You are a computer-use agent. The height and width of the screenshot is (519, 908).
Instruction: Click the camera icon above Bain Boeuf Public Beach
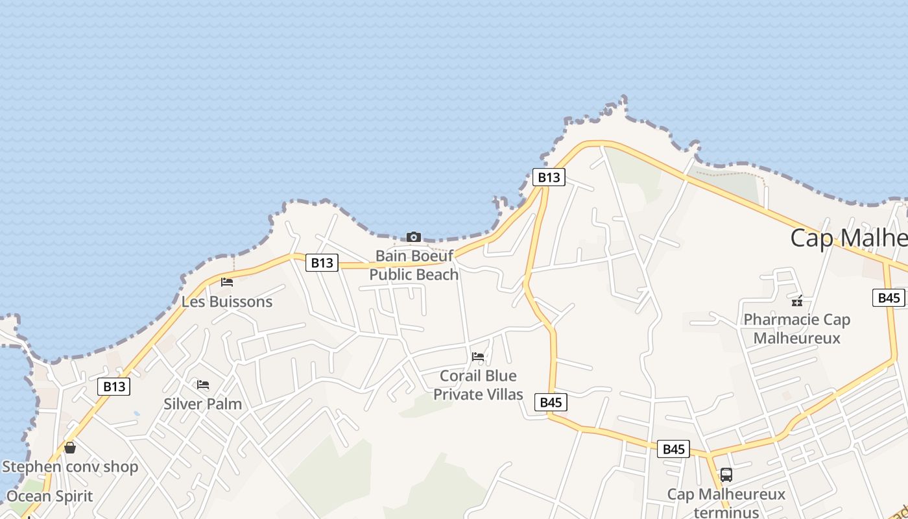point(414,237)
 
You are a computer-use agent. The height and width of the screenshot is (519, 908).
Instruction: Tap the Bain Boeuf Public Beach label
point(414,265)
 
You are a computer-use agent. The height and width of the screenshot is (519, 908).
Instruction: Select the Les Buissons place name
point(227,302)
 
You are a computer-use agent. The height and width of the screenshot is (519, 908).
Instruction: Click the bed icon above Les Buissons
point(227,282)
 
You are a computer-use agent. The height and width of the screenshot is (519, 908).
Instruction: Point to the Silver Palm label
point(202,404)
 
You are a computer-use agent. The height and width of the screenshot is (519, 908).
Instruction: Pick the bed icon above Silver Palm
point(203,385)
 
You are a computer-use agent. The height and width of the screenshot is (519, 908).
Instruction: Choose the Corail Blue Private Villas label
point(478,385)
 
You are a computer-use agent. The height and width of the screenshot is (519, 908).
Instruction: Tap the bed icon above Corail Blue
point(478,356)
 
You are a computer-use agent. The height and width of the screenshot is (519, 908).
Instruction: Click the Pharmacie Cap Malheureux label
point(796,328)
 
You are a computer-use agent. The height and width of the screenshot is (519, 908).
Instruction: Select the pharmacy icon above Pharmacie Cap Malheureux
point(797,300)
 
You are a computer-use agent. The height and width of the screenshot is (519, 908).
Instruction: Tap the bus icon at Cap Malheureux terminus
point(726,475)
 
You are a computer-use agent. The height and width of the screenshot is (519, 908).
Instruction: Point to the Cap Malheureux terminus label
point(726,503)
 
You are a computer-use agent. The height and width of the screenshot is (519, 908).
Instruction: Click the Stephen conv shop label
point(70,466)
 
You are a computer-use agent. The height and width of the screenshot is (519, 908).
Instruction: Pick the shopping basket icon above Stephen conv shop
point(70,448)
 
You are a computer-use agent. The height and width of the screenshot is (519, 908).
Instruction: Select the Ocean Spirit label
point(50,496)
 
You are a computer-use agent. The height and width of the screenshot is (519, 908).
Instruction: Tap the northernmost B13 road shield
point(549,177)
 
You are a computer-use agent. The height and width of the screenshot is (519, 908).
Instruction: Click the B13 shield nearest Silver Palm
point(114,387)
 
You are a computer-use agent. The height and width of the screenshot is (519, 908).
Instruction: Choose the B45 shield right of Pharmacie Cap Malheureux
point(889,298)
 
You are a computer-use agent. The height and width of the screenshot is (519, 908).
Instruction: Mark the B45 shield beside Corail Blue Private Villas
point(551,402)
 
